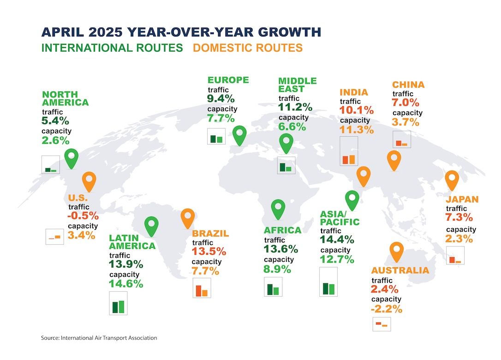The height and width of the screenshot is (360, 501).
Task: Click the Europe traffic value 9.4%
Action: (221, 98)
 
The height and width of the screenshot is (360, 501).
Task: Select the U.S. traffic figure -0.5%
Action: (83, 216)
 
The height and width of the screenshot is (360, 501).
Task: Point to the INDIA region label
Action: (354, 92)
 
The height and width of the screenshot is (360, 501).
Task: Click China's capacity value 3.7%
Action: (406, 122)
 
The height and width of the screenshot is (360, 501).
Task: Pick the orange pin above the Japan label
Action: (452, 180)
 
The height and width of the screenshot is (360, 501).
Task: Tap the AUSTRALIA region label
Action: (400, 270)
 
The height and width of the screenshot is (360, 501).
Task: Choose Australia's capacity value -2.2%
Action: (387, 309)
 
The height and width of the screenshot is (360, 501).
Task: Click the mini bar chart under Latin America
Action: (118, 303)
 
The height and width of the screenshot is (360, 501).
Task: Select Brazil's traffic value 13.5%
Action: (209, 251)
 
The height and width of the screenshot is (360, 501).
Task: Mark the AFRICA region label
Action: (282, 230)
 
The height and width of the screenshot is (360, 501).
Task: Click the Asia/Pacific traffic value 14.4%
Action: (337, 240)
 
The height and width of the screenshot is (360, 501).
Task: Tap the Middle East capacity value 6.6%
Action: (292, 127)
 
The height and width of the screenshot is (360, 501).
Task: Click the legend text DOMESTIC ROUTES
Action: (248, 48)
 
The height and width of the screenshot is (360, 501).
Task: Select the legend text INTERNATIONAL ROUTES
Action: (112, 48)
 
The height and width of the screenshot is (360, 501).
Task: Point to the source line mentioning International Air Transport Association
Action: (99, 338)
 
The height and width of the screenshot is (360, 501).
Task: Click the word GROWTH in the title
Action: (289, 32)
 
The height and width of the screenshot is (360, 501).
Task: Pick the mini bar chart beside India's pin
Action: (349, 151)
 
